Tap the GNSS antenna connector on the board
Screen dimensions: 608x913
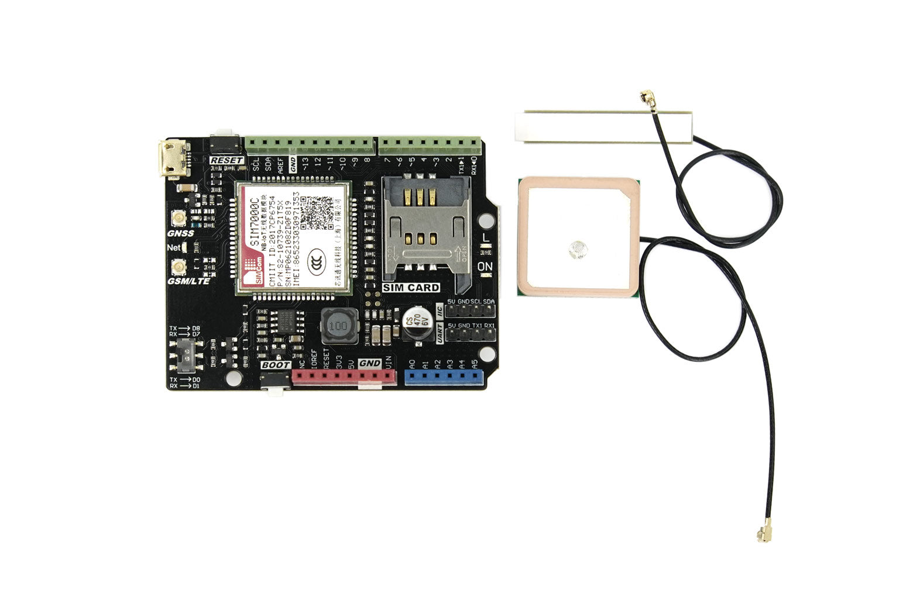pos(177,220)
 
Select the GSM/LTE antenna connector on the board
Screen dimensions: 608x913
pos(177,268)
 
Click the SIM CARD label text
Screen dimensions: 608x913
pos(411,288)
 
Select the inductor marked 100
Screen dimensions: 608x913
pos(338,326)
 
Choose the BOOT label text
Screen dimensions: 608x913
pos(276,365)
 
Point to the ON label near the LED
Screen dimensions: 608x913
pos(485,267)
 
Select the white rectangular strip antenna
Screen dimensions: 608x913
pos(603,126)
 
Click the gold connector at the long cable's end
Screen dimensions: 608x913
pos(763,533)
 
